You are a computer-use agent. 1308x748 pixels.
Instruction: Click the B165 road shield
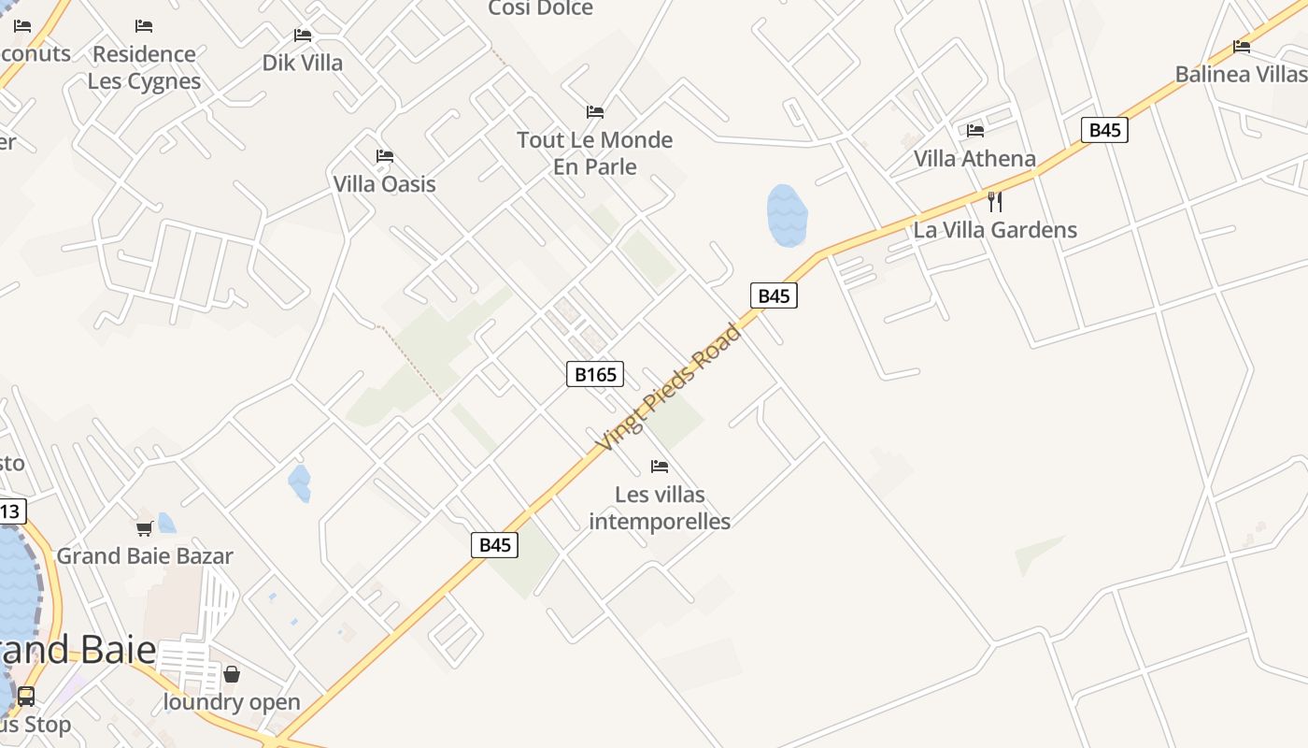(x=595, y=375)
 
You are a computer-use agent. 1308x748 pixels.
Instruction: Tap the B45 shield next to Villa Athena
(x=1104, y=130)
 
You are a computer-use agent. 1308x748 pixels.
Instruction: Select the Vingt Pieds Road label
(x=670, y=388)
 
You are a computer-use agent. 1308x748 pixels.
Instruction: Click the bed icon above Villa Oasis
(x=384, y=156)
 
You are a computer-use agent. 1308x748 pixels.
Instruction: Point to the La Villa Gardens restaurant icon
(x=995, y=201)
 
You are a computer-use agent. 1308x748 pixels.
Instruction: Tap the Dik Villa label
(x=302, y=63)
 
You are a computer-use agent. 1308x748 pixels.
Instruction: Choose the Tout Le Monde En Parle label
(x=594, y=153)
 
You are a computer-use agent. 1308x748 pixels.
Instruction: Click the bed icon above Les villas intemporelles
(x=660, y=466)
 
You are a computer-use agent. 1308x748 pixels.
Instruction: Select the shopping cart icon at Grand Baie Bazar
(x=145, y=529)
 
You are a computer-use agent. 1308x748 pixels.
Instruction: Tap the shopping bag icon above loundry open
(x=232, y=674)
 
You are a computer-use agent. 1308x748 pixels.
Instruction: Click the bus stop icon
(x=26, y=697)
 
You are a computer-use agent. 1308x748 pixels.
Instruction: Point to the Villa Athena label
(x=974, y=159)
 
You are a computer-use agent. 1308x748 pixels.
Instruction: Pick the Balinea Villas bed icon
(x=1242, y=46)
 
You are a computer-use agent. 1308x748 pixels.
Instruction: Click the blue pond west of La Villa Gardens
(x=787, y=215)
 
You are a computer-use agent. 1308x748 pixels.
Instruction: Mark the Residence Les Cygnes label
(x=144, y=67)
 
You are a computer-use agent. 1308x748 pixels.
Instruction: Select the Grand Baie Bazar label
(x=145, y=556)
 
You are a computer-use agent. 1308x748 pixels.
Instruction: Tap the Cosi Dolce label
(x=541, y=9)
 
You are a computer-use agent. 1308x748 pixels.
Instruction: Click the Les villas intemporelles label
(x=660, y=508)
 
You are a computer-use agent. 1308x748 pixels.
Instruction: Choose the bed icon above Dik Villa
(x=302, y=36)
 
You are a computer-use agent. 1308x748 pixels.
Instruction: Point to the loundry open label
(x=232, y=702)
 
